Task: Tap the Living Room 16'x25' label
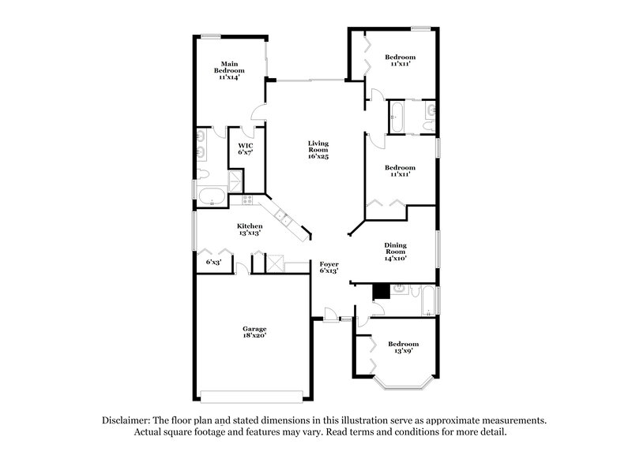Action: click(318, 150)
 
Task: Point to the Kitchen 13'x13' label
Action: click(250, 229)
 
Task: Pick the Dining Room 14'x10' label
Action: click(395, 251)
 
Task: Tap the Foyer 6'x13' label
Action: click(329, 267)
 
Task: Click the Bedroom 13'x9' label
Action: click(403, 348)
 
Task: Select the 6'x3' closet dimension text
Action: click(213, 262)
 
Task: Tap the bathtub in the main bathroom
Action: click(213, 196)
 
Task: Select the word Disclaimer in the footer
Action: click(126, 421)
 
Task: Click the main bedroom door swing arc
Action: click(258, 115)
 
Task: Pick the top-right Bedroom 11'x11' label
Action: click(400, 61)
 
